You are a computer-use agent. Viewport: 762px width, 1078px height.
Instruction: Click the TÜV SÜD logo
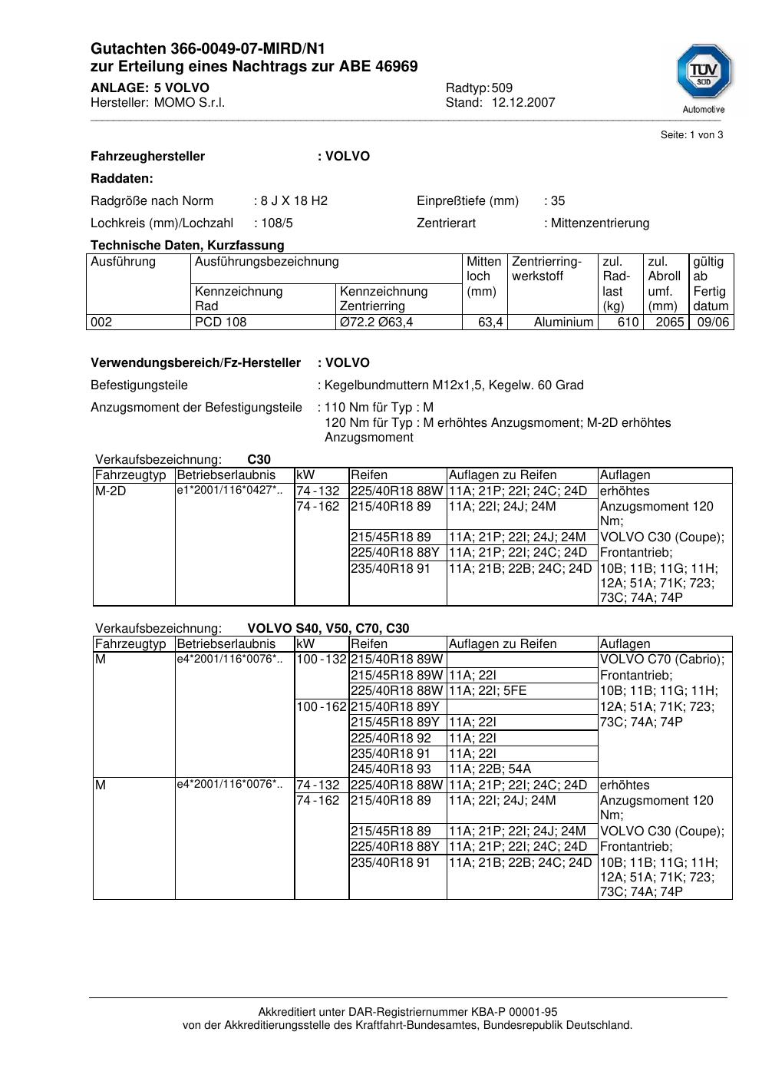click(704, 74)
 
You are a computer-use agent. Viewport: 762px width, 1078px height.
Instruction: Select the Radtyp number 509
click(502, 88)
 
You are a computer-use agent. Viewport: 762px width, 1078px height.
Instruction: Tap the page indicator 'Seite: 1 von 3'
click(691, 135)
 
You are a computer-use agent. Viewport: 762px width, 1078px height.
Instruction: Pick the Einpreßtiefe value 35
click(558, 201)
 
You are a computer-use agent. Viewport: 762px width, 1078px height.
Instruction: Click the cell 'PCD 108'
click(221, 322)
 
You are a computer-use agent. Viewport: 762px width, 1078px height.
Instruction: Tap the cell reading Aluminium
click(563, 322)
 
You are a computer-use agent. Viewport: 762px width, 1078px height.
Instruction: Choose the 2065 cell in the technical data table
click(669, 322)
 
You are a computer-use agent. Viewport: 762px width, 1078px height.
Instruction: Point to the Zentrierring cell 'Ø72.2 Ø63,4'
click(376, 322)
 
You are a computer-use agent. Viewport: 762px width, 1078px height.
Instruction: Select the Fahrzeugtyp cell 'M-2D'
click(111, 491)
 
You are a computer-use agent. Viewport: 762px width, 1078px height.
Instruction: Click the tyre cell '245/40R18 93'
click(391, 769)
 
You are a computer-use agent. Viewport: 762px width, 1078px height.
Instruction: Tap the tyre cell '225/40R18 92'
click(391, 739)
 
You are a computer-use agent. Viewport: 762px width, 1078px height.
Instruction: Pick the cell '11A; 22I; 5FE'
click(487, 691)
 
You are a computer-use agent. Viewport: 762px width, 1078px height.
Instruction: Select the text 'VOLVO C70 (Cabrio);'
click(661, 660)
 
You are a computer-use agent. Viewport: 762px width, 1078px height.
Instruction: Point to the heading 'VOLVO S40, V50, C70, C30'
click(328, 629)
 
